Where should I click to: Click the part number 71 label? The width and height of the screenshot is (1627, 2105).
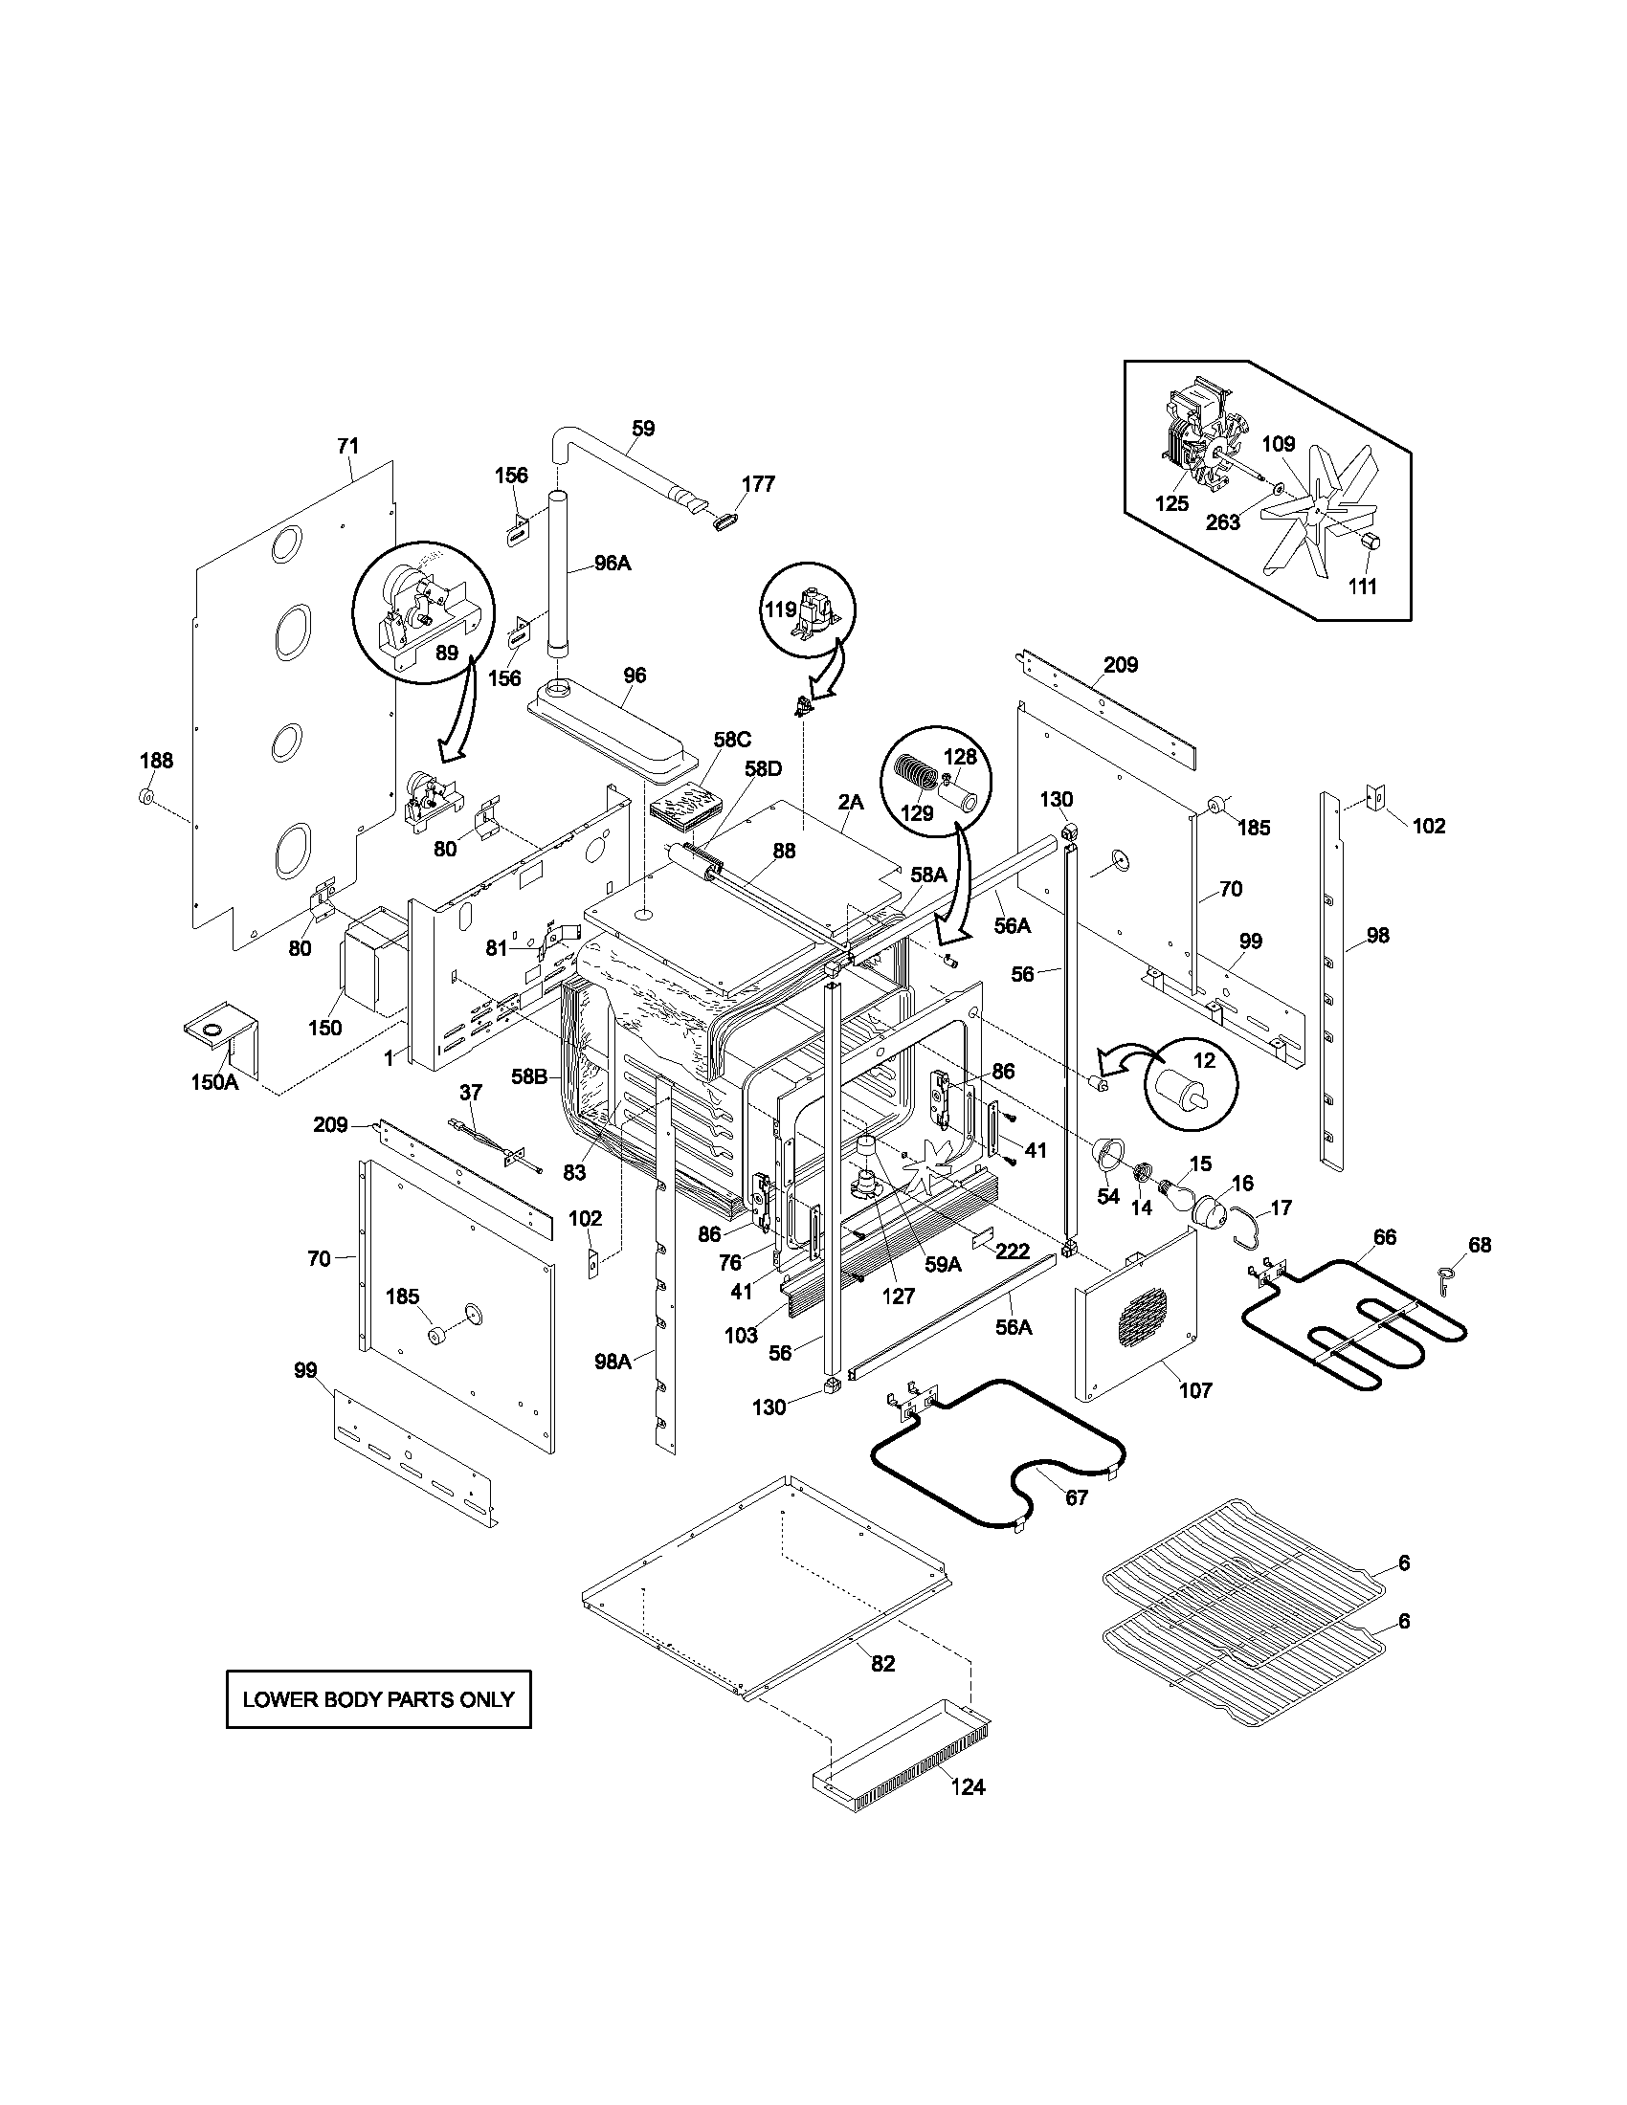pos(348,445)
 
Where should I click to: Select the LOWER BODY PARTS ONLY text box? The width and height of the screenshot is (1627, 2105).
pos(379,1699)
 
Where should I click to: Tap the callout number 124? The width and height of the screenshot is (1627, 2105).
pos(968,1787)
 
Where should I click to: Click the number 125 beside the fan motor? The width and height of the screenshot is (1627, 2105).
pos(1171,503)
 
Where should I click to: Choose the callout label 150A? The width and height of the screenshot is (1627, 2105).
pos(214,1081)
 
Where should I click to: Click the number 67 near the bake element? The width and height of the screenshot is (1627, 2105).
pos(1076,1497)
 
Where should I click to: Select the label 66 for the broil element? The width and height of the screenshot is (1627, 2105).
pos(1384,1236)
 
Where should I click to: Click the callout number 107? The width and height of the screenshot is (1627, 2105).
pos(1195,1390)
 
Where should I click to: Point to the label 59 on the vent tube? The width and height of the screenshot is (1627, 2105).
pos(643,428)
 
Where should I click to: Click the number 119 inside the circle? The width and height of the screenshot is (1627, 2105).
pos(781,609)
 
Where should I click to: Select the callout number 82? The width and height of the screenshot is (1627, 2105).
pos(883,1663)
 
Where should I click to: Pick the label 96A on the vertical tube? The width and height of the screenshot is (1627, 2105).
pos(612,564)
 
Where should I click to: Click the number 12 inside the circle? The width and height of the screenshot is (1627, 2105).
pos(1205,1061)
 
